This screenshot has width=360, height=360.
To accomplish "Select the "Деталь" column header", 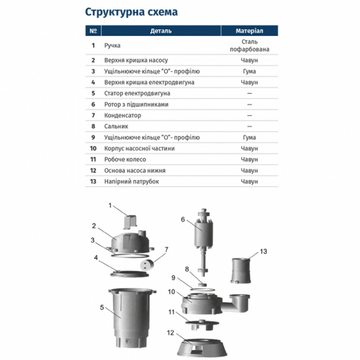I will click(x=161, y=31).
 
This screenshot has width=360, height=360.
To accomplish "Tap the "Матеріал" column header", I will click(x=249, y=31).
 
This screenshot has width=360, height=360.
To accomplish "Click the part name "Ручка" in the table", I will click(x=112, y=45).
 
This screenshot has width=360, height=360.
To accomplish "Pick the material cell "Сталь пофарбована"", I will click(x=249, y=45).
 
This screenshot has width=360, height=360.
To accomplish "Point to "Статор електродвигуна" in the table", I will click(x=130, y=94).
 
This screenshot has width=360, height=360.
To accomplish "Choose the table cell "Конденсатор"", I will click(x=122, y=116).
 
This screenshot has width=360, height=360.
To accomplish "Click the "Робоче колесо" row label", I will click(x=125, y=159).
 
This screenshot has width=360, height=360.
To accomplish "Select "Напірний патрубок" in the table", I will click(x=131, y=181).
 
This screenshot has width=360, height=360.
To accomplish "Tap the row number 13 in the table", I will click(x=93, y=181).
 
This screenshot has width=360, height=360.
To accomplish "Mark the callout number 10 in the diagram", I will click(x=171, y=292).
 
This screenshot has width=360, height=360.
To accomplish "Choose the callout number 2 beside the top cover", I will click(x=94, y=226).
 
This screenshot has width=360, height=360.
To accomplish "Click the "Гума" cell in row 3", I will click(x=249, y=72).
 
